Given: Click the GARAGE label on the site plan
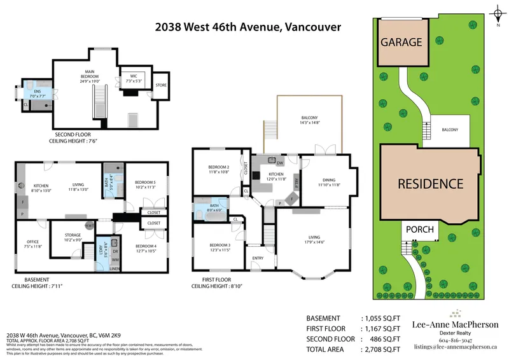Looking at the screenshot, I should click(x=401, y=43).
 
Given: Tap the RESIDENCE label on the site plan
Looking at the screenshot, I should click(x=431, y=184).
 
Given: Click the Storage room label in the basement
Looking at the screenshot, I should click(x=73, y=237).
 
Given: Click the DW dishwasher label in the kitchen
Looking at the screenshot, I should click(x=280, y=163).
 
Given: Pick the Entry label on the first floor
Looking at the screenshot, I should click(x=258, y=258).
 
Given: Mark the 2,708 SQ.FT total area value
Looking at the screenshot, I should click(x=380, y=349).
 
